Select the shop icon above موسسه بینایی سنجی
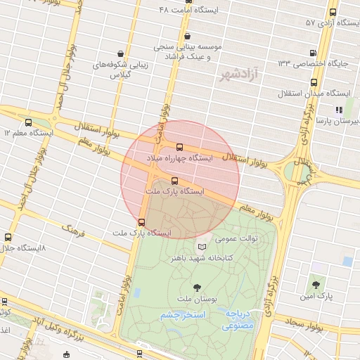tap(186, 37)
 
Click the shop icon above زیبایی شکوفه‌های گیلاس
tap(121, 53)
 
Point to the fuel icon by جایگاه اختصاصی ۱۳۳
tap(313, 52)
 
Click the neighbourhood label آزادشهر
tap(238, 73)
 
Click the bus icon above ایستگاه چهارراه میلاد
tap(179, 147)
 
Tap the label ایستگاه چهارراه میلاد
tap(179, 159)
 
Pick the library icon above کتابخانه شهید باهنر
tap(202, 247)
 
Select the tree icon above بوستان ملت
tap(196, 287)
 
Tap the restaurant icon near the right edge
tap(338, 109)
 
